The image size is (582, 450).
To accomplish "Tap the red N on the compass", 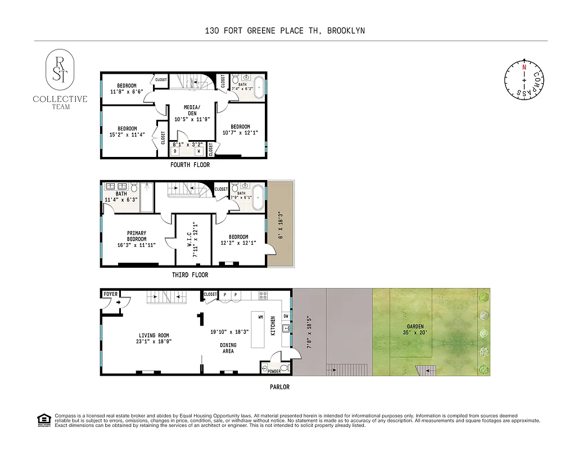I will pyautogui.click(x=524, y=67).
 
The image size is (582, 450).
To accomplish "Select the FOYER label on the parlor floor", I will pyautogui.click(x=111, y=294).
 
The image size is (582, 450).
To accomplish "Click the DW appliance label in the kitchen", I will pyautogui.click(x=286, y=316).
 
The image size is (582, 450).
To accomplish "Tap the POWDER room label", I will pyautogui.click(x=274, y=371).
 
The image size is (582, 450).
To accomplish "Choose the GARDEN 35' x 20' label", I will pyautogui.click(x=416, y=330).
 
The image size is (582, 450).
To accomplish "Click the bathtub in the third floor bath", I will pyautogui.click(x=257, y=199).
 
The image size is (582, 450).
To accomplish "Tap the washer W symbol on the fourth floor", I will pyautogui.click(x=198, y=151).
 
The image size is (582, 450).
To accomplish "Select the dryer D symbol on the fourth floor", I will pyautogui.click(x=175, y=151).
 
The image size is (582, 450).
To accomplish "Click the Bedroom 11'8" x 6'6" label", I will pyautogui.click(x=127, y=88).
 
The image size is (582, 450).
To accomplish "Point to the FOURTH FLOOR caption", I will pyautogui.click(x=190, y=165).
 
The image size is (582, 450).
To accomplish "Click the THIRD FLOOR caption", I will pyautogui.click(x=190, y=275).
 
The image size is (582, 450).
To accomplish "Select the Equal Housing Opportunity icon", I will pyautogui.click(x=43, y=420).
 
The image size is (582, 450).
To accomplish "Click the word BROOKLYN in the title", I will pyautogui.click(x=344, y=30).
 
